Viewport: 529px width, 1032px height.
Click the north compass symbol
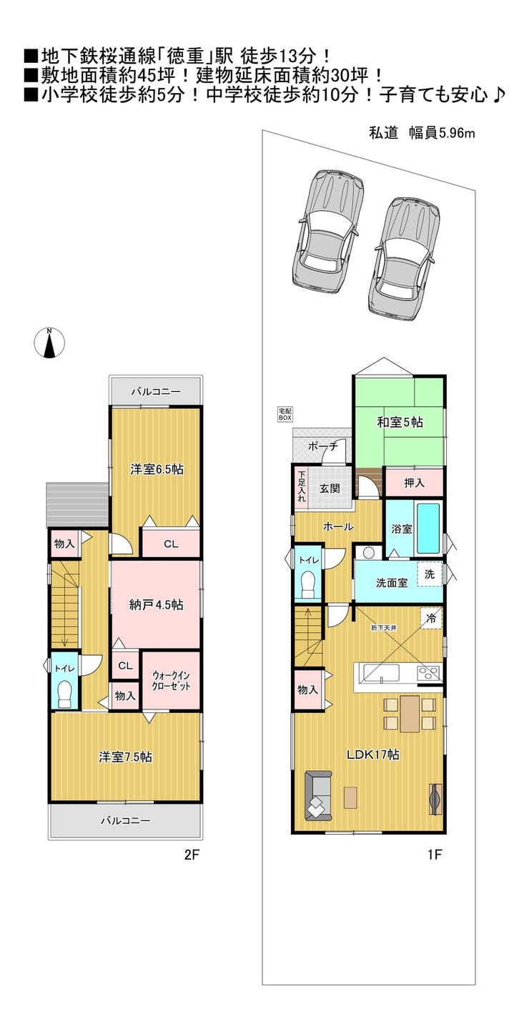coord(49,343)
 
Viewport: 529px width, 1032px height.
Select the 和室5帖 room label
coord(400,422)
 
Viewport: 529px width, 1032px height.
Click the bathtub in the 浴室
coord(427,528)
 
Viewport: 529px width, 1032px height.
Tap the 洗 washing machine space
coord(430,574)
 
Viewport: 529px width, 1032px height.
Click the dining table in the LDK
coord(410,714)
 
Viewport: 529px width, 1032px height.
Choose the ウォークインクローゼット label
coord(172,680)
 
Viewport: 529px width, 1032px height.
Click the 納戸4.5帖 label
coord(156,605)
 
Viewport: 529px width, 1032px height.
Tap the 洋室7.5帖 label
coord(125,757)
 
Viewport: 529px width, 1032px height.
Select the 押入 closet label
coord(414,483)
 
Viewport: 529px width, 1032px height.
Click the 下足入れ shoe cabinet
coord(301,487)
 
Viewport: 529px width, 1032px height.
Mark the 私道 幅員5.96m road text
coord(422,133)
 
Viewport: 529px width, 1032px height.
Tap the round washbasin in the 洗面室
coord(367,552)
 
